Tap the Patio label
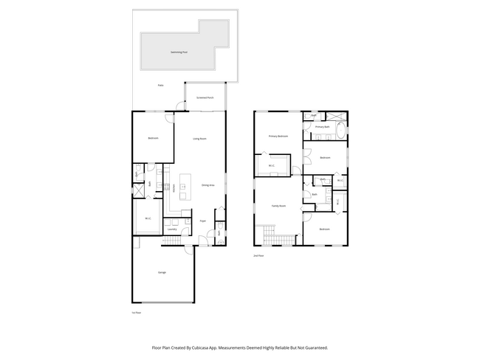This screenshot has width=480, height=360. click(x=160, y=86)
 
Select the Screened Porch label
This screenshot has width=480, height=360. click(x=205, y=97)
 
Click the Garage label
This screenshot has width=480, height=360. click(x=161, y=272)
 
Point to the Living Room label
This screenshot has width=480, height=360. click(x=199, y=139)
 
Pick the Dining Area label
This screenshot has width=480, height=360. click(x=208, y=185)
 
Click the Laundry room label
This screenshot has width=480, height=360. click(x=171, y=229)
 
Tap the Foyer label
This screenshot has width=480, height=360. click(x=202, y=221)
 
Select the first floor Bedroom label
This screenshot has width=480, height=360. click(x=153, y=139)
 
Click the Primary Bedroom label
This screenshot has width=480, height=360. click(x=278, y=136)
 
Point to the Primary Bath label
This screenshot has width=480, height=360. click(x=322, y=127)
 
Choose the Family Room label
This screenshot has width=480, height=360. click(x=278, y=206)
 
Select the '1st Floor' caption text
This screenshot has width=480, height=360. click(x=135, y=313)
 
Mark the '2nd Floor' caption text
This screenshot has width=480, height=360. click(x=258, y=255)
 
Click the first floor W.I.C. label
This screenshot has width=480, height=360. click(x=148, y=218)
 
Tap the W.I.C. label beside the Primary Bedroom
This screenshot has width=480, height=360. click(x=272, y=166)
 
